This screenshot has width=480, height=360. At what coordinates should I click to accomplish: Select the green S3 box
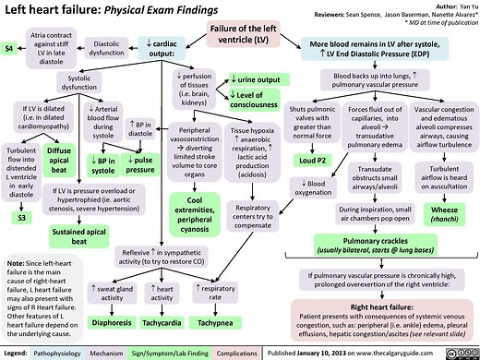click(21, 218)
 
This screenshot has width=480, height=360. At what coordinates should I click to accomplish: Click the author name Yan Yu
click(459, 6)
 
